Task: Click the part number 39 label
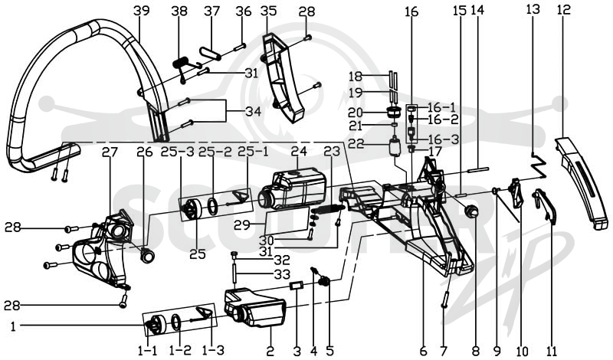click(141, 11)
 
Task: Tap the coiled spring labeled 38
click(182, 62)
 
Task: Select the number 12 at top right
click(564, 9)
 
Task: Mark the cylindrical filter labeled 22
click(395, 146)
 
